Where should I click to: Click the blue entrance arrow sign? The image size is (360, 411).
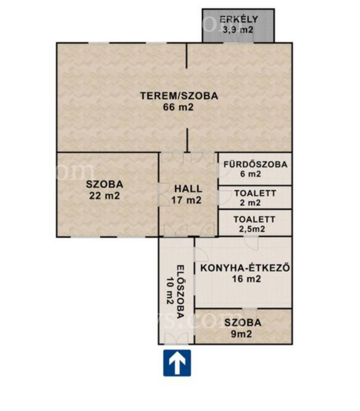tap(177, 363)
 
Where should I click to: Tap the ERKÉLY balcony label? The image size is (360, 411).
tap(238, 19)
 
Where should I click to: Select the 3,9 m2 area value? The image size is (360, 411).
tap(238, 30)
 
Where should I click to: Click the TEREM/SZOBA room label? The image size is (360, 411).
tap(179, 96)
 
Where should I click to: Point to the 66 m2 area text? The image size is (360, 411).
tap(178, 107)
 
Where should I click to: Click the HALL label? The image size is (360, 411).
tap(188, 189)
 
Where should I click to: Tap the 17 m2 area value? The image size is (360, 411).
tap(186, 200)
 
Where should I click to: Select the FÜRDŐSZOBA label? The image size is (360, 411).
tap(255, 164)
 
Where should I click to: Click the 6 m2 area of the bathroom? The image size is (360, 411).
tap(251, 174)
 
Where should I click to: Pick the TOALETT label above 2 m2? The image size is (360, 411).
tap(255, 193)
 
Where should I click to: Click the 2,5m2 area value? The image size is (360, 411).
tap(252, 229)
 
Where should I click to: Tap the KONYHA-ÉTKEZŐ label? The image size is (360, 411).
tap(245, 268)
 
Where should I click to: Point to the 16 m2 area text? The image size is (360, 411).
tap(246, 279)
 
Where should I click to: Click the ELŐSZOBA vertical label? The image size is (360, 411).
tap(180, 292)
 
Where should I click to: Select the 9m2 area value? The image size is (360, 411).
tap(241, 334)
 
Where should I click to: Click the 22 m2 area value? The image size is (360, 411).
tap(104, 195)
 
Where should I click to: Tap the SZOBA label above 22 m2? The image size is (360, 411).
tap(104, 184)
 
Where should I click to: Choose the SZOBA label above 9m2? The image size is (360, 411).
tap(243, 323)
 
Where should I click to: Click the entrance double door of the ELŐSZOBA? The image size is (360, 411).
tap(176, 339)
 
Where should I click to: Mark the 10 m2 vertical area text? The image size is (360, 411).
tap(170, 290)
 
